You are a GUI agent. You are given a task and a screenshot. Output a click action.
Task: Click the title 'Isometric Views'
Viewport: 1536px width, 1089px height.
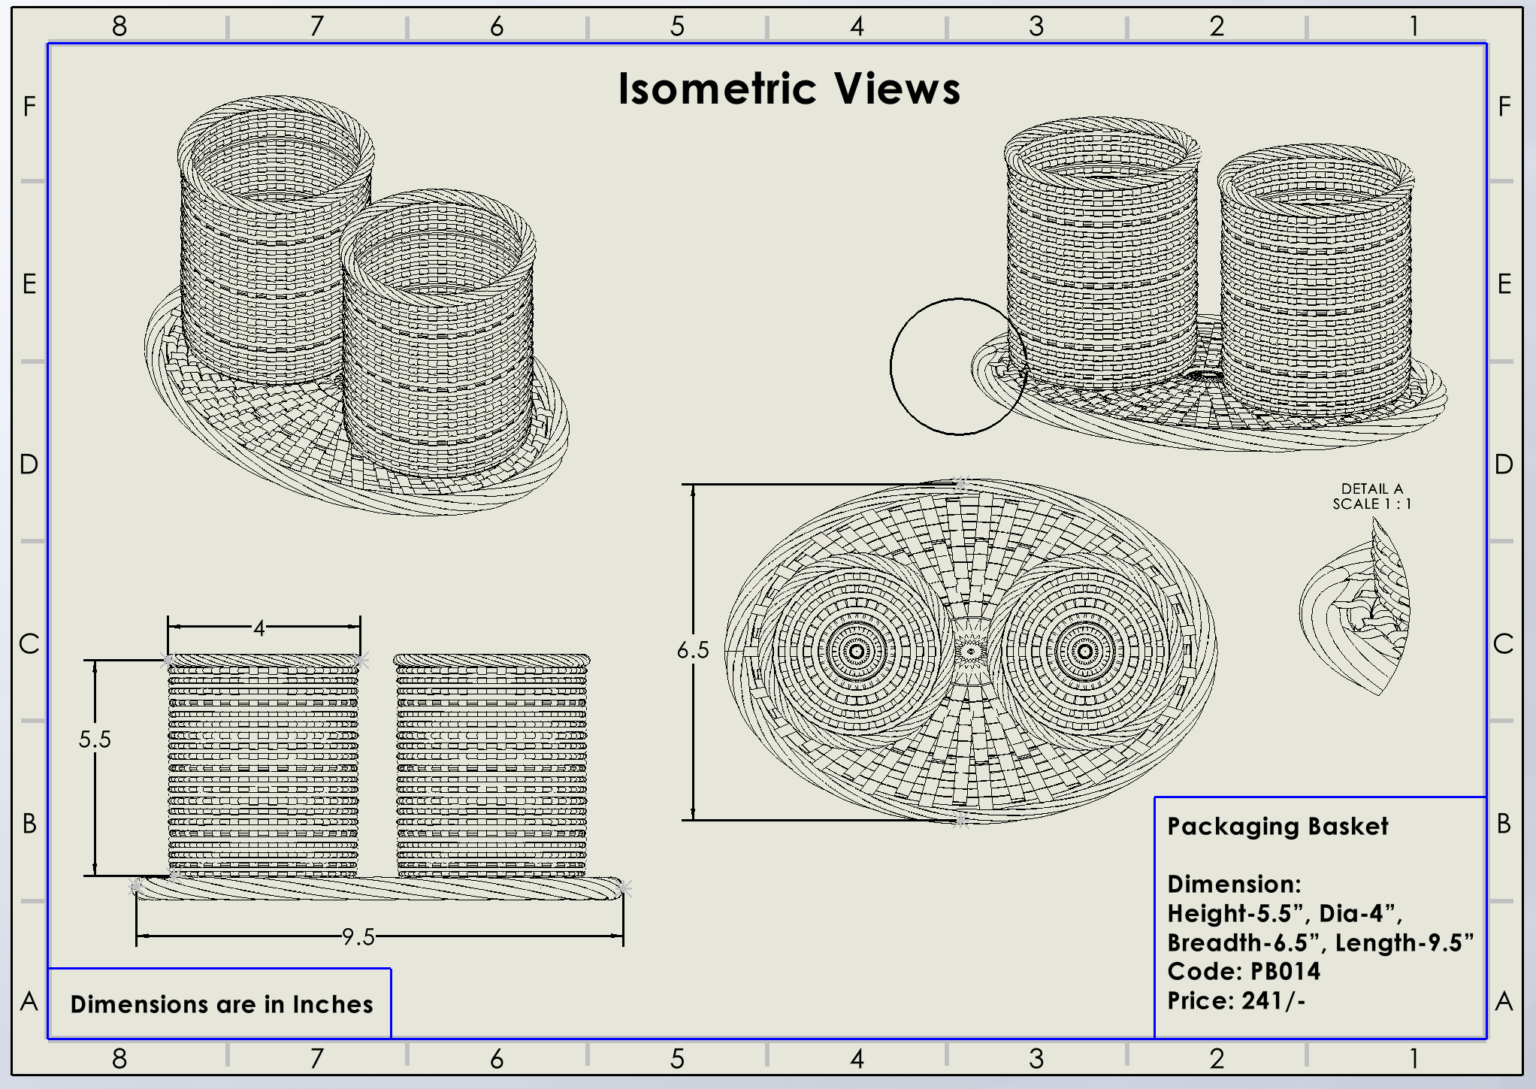[x=789, y=89]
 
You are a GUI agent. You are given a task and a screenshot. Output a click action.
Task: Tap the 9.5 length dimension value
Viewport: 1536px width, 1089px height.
[x=358, y=937]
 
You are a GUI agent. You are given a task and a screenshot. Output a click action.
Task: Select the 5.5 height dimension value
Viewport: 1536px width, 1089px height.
[x=95, y=740]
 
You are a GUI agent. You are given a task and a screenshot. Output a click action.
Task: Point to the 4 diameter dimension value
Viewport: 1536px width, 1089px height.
[x=259, y=628]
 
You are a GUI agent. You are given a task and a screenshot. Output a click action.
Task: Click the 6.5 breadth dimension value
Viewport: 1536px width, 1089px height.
[x=692, y=650]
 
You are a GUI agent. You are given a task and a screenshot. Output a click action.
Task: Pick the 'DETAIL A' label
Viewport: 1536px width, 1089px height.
[x=1372, y=489]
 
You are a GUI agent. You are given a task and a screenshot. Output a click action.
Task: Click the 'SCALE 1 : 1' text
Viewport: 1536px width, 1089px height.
[x=1372, y=504]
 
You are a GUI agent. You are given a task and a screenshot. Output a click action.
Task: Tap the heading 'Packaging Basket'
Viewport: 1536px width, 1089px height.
[x=1277, y=826]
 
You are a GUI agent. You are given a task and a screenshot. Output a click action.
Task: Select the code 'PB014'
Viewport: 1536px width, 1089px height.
[x=1285, y=971]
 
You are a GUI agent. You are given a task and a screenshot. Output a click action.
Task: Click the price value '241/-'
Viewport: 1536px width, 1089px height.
[x=1274, y=1000]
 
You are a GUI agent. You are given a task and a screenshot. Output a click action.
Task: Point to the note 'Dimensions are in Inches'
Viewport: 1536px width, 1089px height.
[x=222, y=1004]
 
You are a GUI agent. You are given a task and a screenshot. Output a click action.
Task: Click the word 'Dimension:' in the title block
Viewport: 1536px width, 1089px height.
[x=1234, y=884]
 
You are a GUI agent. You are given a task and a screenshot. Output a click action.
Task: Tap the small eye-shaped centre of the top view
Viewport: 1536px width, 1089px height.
[x=971, y=651]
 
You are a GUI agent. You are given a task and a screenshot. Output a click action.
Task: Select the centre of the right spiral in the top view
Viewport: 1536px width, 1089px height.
[x=1084, y=651]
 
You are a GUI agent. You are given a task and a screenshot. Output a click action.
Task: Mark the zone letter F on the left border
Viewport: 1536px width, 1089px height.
[x=29, y=107]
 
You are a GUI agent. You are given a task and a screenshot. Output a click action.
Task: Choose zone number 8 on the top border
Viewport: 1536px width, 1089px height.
[x=119, y=26]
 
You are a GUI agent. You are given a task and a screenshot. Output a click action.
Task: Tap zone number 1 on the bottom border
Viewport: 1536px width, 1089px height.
[x=1414, y=1058]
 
